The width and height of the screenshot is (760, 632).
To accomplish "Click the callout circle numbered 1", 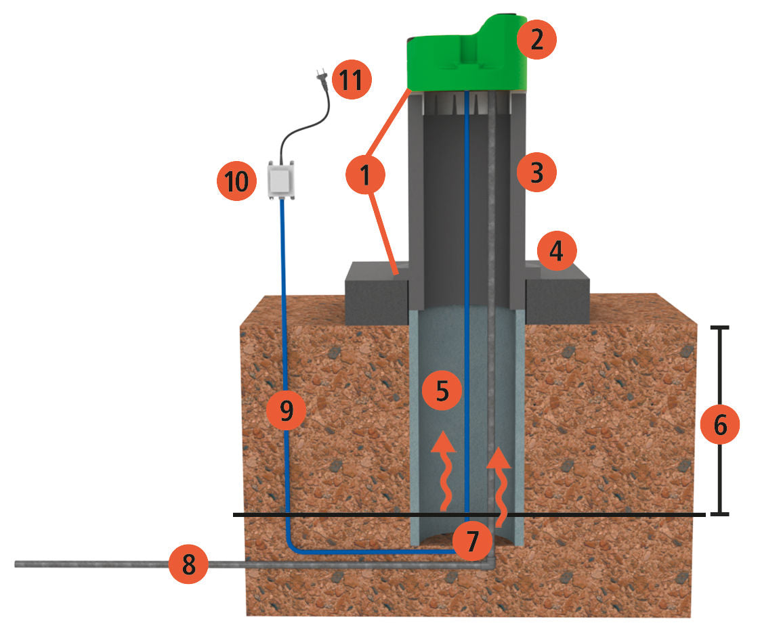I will [x=365, y=175].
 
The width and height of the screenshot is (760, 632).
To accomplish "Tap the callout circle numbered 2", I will [x=536, y=40].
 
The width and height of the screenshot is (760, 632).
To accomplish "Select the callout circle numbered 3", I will [x=536, y=173].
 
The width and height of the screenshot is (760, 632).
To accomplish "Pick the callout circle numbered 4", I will [x=557, y=252].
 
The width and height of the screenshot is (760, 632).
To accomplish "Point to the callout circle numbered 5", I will [x=442, y=391].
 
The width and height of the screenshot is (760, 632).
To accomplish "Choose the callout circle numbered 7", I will [x=472, y=541].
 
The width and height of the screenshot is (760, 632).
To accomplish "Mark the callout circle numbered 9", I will [x=286, y=409].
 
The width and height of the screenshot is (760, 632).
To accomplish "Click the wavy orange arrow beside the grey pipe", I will [x=500, y=484].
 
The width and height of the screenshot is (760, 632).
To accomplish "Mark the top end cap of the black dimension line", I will [x=719, y=328].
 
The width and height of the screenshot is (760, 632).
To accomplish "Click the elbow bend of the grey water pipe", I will [x=490, y=563].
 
